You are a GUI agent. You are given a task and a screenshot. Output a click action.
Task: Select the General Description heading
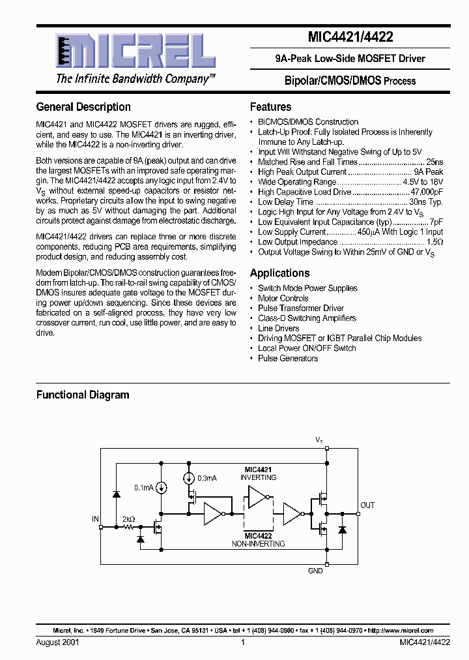click(x=83, y=107)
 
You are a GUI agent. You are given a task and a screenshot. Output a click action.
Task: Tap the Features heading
click(x=270, y=107)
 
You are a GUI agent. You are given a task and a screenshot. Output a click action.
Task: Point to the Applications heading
click(x=279, y=273)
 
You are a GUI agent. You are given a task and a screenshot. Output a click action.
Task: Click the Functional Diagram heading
click(x=83, y=395)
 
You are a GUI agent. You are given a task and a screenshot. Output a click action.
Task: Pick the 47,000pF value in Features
click(x=427, y=192)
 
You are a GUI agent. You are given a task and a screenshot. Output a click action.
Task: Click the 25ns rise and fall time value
click(x=434, y=162)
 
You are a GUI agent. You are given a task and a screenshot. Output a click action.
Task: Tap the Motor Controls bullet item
click(x=283, y=298)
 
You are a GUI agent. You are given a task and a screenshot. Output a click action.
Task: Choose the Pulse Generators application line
click(x=287, y=358)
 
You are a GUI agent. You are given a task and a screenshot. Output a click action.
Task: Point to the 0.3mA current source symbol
click(x=189, y=478)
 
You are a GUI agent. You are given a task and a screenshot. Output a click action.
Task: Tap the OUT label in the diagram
click(x=367, y=505)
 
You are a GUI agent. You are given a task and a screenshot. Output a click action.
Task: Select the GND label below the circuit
click(x=315, y=571)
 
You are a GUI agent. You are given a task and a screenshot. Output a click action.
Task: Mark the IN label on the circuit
click(x=95, y=519)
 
